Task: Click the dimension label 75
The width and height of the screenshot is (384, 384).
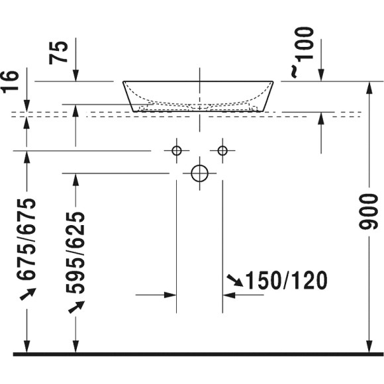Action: click(60, 52)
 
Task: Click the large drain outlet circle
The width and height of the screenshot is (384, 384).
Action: click(199, 173)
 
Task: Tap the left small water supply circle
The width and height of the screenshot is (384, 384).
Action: click(176, 151)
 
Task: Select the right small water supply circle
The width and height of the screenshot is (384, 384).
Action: click(222, 151)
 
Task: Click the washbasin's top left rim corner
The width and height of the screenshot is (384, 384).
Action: click(124, 82)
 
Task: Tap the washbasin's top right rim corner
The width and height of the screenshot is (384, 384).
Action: click(273, 82)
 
